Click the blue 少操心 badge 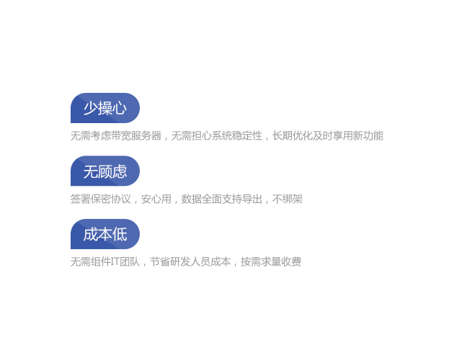tap(105, 108)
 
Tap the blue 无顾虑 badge tap(105, 171)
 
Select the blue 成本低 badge tap(105, 234)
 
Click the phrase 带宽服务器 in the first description tap(136, 136)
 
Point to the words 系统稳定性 tap(237, 136)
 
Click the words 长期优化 tap(293, 136)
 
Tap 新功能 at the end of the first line tap(368, 136)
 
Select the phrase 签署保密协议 tap(101, 199)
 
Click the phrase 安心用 tap(156, 199)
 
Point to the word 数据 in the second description tap(192, 199)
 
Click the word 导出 tap(252, 199)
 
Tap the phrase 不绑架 tap(288, 199)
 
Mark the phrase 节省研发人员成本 tap(190, 261)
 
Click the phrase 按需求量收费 tap(271, 261)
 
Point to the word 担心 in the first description tap(202, 136)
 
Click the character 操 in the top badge tap(105, 108)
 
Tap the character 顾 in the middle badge tap(105, 171)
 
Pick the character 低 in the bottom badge tap(120, 234)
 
